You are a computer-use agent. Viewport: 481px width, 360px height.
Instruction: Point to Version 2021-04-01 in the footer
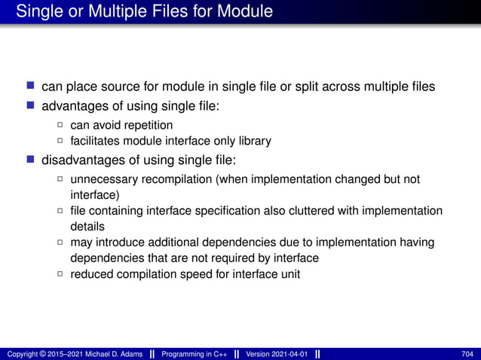tap(277, 354)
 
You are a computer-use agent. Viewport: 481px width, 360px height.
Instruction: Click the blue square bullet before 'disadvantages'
tap(31, 160)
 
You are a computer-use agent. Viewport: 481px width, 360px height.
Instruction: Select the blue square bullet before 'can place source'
tap(31, 87)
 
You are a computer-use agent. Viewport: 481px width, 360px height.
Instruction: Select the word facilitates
tap(96, 141)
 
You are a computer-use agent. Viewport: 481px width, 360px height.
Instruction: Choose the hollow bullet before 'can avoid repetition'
tap(60, 125)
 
